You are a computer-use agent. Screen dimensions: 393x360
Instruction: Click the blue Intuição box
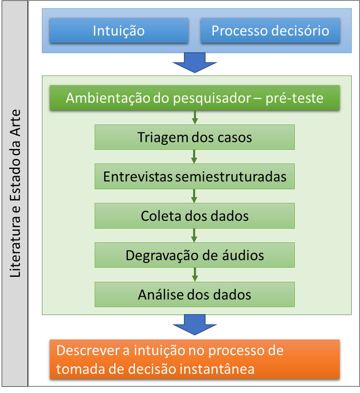coord(118,31)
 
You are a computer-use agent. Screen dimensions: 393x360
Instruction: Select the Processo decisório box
coord(270,31)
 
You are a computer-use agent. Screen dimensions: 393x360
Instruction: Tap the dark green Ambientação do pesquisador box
coord(194,98)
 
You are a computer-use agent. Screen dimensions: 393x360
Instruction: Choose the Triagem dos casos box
coord(194,137)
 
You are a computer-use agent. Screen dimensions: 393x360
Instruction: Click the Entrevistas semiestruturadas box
coord(194,176)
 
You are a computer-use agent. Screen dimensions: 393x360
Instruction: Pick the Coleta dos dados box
coord(194,216)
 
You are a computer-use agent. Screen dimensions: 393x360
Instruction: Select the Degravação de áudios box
coord(194,255)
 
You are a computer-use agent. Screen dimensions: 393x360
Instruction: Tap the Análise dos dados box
coord(194,294)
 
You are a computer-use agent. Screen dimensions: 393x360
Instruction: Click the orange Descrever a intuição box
coord(194,359)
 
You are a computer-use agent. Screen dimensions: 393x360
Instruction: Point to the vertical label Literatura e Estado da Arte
coord(15,195)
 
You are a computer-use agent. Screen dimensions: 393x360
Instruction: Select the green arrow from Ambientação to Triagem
coord(194,118)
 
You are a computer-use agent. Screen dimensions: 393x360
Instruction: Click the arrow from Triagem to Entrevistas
coord(194,157)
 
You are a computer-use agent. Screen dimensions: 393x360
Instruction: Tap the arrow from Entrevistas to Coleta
coord(194,196)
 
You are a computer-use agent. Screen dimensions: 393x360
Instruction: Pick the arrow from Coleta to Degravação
coord(194,236)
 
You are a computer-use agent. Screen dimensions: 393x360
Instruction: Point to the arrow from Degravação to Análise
coord(194,275)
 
